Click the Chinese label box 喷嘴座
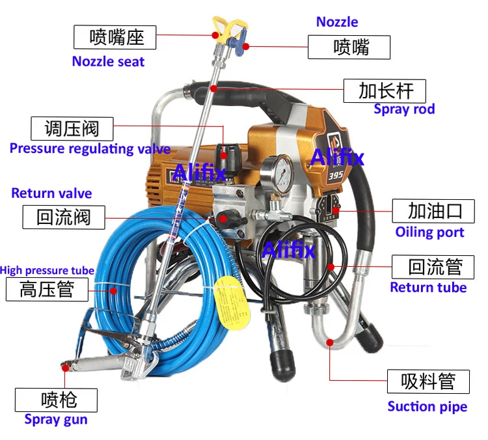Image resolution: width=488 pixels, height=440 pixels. tap(115, 36)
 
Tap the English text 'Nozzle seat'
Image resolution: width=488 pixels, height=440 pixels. tap(108, 62)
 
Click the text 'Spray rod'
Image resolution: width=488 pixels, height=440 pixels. tap(404, 109)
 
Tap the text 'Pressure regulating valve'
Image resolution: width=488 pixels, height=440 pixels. tap(90, 148)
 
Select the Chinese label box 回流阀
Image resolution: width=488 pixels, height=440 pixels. tap(63, 217)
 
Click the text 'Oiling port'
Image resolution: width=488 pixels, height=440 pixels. tap(429, 232)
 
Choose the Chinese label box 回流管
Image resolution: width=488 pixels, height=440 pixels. tap(435, 267)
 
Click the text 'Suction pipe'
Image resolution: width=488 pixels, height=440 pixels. tap(427, 407)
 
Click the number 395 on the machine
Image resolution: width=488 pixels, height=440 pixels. tap(335, 174)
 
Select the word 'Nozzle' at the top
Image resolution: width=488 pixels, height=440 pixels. tap(337, 21)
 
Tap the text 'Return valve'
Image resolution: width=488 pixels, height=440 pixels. tap(51, 193)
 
